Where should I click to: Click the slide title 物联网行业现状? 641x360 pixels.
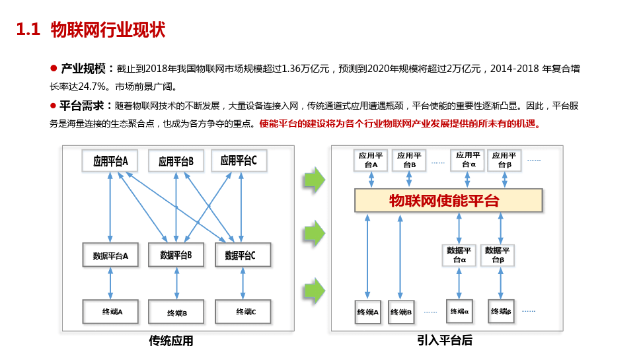point(108,30)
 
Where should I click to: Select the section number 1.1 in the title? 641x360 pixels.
point(28,30)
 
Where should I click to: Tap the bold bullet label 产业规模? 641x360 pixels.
point(83,69)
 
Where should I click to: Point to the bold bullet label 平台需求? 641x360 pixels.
point(83,105)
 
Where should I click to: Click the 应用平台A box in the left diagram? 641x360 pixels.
point(110,161)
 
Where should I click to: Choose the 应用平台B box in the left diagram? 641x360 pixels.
point(176,161)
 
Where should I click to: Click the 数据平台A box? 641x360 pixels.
point(110,255)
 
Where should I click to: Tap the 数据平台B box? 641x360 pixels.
point(176,255)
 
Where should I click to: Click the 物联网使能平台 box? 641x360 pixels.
point(448,201)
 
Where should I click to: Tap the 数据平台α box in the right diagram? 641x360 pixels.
point(459,255)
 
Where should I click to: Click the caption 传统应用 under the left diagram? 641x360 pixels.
point(171,342)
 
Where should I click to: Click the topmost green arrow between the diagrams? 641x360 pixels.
point(315,180)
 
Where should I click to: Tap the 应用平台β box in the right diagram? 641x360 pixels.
point(504,160)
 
